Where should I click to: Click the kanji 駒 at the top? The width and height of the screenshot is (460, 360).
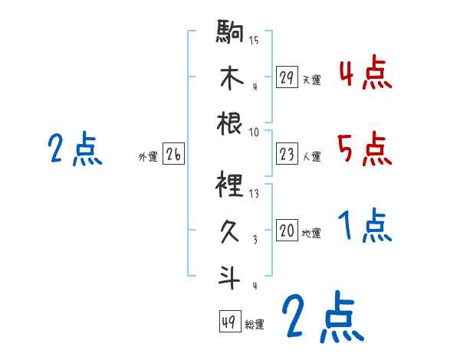230,31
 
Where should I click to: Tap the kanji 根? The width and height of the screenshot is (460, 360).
230,123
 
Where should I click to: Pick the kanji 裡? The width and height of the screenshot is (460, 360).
230,185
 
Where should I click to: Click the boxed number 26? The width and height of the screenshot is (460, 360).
173,155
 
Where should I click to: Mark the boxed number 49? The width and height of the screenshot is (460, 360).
228,322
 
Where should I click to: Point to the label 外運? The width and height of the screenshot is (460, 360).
147,157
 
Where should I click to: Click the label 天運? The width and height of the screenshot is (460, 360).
311,79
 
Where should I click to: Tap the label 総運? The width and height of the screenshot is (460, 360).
255,324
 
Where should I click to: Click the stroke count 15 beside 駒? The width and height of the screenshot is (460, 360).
254,39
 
